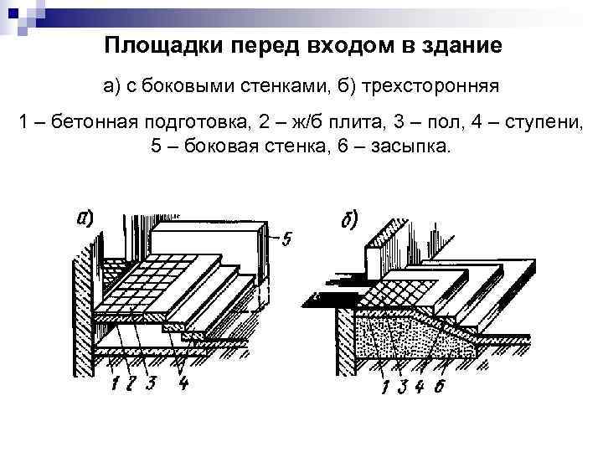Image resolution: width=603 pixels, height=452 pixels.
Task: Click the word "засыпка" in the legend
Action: (411, 146)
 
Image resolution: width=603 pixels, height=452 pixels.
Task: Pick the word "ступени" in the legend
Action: (540, 123)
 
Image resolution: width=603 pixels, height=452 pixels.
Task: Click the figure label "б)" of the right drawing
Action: (349, 220)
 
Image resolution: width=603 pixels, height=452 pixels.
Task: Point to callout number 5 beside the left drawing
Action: (287, 240)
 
